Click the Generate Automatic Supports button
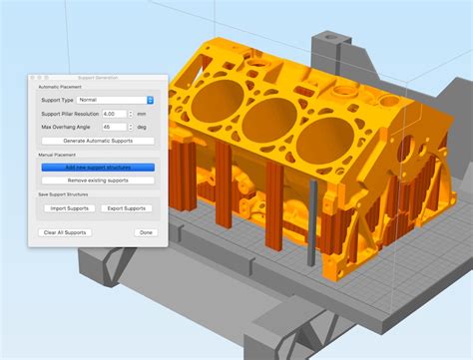point(97,141)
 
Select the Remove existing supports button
point(97,180)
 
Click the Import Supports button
point(71,208)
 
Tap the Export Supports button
point(126,208)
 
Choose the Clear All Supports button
point(65,232)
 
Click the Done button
point(146,232)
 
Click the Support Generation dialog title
point(97,77)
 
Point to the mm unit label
point(140,114)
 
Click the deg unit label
point(141,127)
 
